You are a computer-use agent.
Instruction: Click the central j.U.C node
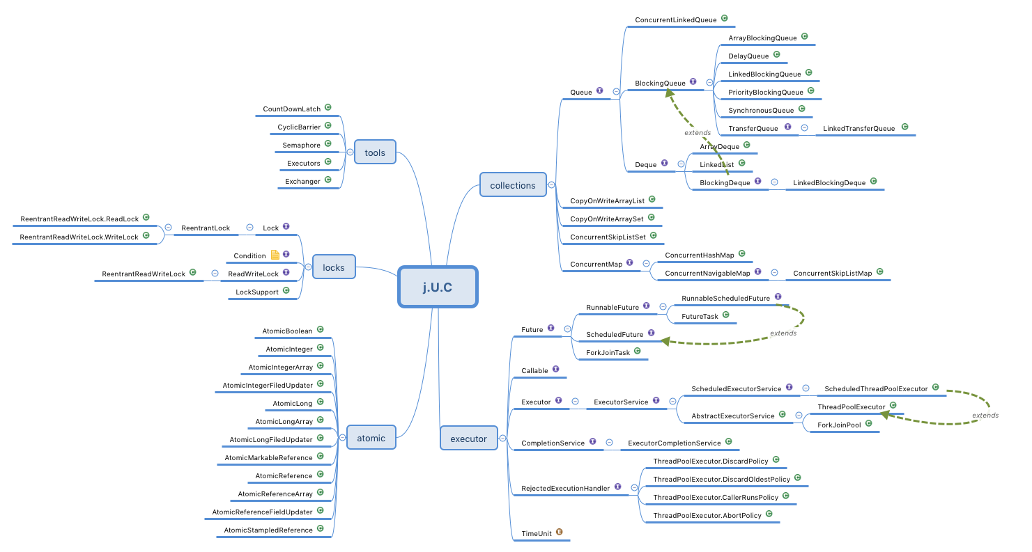438,286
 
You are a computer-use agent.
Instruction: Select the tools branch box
375,152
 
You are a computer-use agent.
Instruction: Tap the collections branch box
513,185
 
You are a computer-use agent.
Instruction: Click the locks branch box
333,267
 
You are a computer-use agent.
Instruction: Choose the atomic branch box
371,438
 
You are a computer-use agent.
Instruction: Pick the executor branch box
468,439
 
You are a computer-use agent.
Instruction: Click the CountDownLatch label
291,109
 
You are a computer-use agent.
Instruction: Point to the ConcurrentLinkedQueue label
676,20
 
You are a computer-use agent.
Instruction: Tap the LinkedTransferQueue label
858,128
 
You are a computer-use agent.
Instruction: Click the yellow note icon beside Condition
275,255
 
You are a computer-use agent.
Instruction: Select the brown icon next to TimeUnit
559,533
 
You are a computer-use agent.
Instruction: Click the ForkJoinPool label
839,425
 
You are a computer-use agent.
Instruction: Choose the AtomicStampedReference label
268,530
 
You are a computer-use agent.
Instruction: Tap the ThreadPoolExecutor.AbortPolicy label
707,516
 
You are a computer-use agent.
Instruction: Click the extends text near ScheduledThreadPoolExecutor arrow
985,416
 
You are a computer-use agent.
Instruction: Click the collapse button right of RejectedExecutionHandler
634,488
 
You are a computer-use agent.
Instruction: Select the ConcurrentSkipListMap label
832,274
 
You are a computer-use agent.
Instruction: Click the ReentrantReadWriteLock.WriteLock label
79,237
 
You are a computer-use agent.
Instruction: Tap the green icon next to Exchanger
328,180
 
